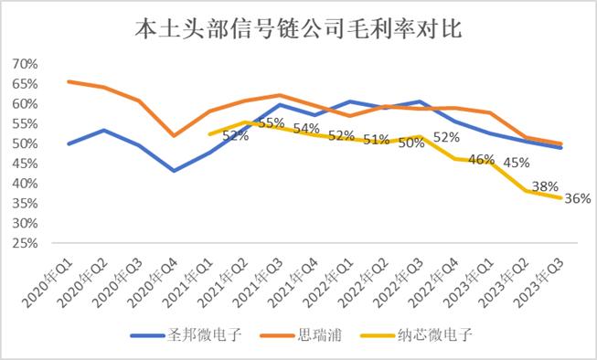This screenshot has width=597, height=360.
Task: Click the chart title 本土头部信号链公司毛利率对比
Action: tap(298, 29)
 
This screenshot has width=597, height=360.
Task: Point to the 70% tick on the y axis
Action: tap(26, 64)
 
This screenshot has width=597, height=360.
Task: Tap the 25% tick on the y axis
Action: tap(26, 243)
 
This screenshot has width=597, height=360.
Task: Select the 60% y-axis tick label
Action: tap(26, 104)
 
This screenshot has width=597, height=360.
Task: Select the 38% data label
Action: tap(546, 186)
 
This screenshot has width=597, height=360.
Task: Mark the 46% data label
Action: tap(481, 160)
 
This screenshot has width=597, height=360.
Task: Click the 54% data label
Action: tap(306, 128)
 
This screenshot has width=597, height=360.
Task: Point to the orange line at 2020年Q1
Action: tap(70, 81)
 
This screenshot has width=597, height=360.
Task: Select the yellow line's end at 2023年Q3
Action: tap(560, 198)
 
